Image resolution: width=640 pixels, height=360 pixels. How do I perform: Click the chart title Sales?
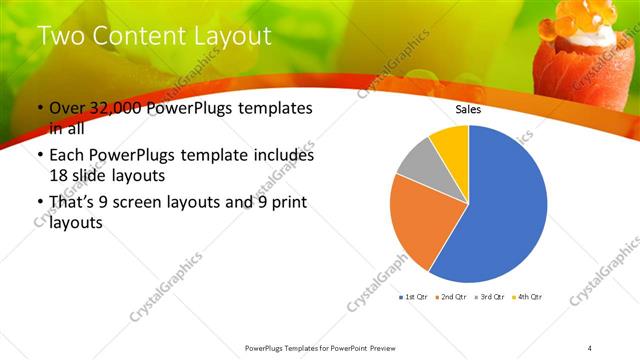tap(468, 110)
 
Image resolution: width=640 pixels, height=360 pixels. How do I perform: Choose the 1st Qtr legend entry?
tap(414, 297)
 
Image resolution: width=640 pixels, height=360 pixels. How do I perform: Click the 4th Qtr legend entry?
tap(527, 297)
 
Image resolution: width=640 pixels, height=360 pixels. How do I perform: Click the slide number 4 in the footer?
tap(590, 347)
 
